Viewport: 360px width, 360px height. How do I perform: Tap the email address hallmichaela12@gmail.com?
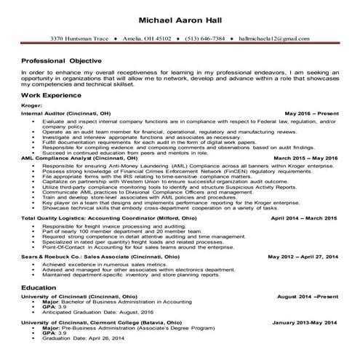click(277, 36)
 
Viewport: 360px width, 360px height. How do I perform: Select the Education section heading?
click(41, 288)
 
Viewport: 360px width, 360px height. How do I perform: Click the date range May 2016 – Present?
click(311, 113)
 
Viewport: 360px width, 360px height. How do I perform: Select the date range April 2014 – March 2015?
click(305, 217)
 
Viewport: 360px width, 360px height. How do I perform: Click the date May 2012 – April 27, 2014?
click(303, 257)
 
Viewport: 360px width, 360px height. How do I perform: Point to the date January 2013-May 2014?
click(305, 322)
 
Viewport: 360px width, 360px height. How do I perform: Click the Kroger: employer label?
click(33, 106)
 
